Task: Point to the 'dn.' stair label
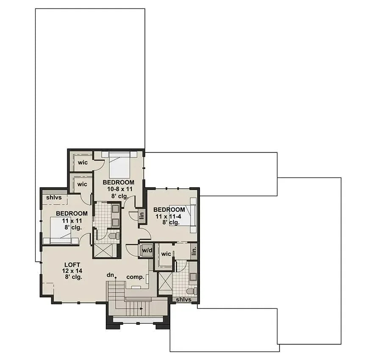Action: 111,275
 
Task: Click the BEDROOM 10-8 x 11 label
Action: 118,183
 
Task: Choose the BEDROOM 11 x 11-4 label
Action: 169,210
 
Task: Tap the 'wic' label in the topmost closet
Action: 82,163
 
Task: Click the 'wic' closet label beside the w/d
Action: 166,254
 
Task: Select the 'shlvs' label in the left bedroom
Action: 54,197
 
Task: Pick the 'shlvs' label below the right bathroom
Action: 183,299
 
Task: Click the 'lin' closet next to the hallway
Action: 142,216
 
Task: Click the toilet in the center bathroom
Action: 114,235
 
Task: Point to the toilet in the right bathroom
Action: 191,291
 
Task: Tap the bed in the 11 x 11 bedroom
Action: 61,230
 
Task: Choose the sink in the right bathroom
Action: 193,277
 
